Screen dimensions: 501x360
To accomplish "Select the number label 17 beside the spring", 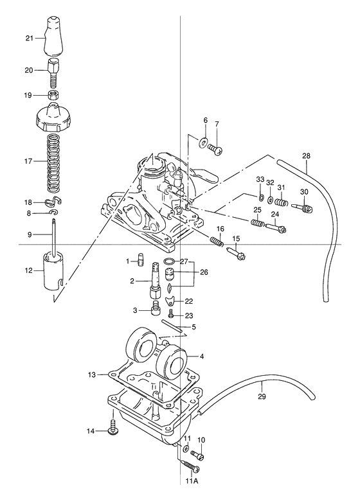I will pos(28,162).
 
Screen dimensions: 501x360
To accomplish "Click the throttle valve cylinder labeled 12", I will pos(51,272).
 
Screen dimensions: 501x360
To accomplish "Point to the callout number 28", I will pos(306,156).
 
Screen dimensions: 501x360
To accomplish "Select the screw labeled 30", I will pos(303,207).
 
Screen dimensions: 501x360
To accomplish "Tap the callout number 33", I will pos(260,179).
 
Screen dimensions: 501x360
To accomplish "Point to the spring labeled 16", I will pos(217,241).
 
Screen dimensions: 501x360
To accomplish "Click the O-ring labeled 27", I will pos(168,261).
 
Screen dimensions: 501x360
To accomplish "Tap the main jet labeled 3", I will pos(154,311).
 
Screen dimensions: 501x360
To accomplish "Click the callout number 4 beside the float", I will pos(202,356).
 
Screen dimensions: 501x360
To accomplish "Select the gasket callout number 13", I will pos(92,374).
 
